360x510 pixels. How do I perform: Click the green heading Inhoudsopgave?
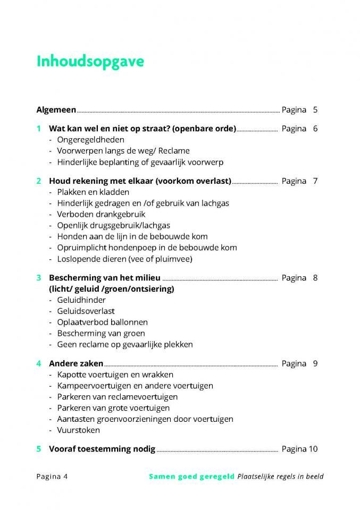point(90,62)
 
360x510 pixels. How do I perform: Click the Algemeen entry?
point(56,110)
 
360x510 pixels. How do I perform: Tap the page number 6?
point(315,129)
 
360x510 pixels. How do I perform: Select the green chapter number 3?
point(39,278)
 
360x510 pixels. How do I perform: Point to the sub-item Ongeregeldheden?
point(90,140)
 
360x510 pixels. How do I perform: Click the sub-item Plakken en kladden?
point(93,192)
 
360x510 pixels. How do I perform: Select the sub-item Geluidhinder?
point(81,300)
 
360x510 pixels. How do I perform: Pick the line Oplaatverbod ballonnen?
point(102,322)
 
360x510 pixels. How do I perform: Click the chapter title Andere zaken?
point(76,364)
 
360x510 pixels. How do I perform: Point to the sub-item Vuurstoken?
point(78,430)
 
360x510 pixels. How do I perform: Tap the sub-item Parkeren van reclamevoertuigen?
point(117,397)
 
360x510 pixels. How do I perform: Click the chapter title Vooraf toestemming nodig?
point(102,449)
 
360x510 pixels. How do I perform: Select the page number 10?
point(313,449)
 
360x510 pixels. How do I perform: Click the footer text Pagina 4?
point(52,477)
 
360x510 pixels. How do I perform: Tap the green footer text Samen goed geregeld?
point(191,477)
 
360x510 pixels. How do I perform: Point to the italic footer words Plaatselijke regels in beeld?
point(280,477)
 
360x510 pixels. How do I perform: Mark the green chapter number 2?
point(39,181)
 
